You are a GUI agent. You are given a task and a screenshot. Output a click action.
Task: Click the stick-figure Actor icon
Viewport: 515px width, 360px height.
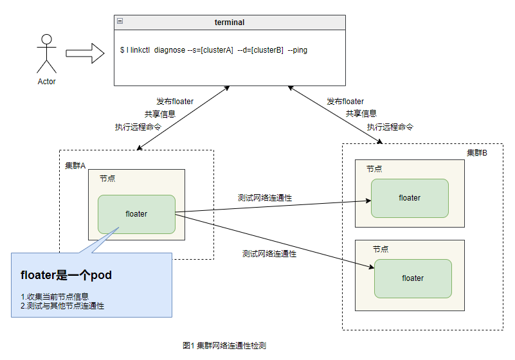point(46,53)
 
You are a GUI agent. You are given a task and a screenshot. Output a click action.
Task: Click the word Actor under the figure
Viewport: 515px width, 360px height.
point(47,82)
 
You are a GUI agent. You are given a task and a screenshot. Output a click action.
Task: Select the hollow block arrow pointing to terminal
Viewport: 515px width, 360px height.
point(85,53)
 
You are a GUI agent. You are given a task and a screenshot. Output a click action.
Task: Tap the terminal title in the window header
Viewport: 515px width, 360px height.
point(230,22)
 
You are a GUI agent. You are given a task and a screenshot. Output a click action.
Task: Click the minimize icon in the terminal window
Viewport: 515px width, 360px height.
point(120,22)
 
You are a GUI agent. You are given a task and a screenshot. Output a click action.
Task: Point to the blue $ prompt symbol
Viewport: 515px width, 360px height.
point(122,50)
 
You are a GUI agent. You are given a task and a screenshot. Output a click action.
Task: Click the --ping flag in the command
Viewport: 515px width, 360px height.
point(297,50)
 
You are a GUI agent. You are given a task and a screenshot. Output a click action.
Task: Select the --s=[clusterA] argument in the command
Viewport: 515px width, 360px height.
point(210,50)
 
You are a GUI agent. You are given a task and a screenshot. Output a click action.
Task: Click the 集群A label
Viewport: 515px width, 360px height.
point(75,165)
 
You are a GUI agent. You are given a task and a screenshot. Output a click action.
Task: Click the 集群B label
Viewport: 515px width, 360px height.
point(477,152)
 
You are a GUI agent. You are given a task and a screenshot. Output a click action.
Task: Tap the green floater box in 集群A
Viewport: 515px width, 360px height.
point(136,214)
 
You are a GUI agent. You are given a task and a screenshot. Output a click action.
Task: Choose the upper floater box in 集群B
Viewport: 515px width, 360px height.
point(410,198)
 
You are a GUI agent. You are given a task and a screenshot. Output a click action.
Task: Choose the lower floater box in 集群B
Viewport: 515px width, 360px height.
point(413,278)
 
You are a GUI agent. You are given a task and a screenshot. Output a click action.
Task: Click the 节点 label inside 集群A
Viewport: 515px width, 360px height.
point(107,178)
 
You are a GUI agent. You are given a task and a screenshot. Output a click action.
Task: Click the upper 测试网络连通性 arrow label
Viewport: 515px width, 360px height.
point(264,197)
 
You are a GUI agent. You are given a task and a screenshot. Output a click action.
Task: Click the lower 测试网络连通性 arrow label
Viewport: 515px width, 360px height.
point(269,254)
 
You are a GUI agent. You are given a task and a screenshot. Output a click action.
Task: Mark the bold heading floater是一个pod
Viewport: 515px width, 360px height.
point(66,275)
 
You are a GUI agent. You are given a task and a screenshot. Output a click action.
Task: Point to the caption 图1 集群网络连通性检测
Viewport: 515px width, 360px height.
point(224,345)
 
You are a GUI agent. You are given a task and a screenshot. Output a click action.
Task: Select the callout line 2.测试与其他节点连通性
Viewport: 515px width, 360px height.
point(62,306)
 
